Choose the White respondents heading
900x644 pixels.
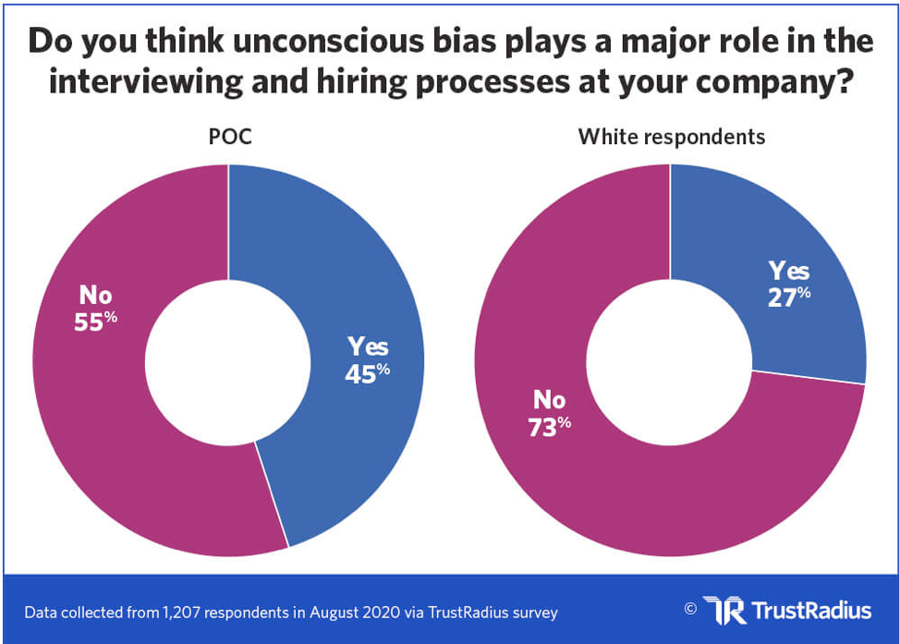[x=671, y=137]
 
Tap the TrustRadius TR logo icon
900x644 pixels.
[x=724, y=610]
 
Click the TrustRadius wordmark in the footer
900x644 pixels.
[x=812, y=611]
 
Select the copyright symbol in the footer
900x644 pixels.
[x=689, y=609]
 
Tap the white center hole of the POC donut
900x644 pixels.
[x=228, y=360]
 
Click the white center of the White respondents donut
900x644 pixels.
[x=670, y=360]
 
